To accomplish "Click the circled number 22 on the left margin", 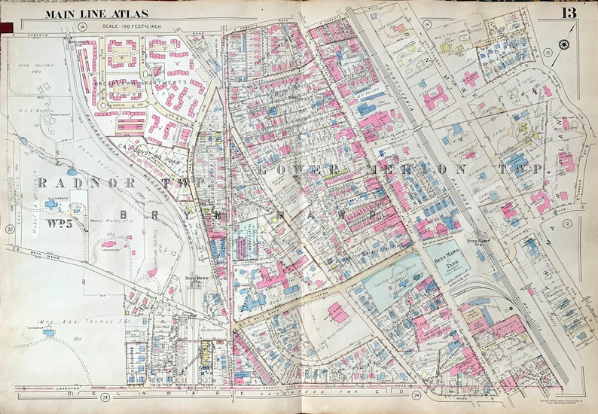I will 10,229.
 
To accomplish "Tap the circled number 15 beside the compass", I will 547,51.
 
